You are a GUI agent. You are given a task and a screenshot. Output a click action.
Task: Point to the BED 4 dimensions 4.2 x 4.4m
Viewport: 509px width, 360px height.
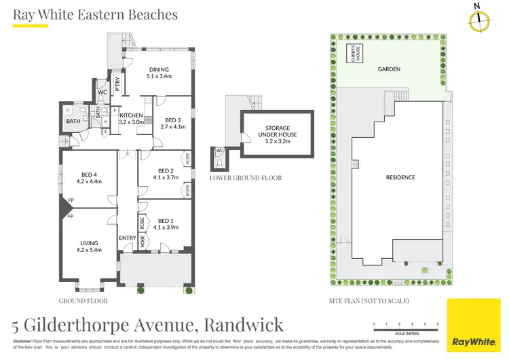88,181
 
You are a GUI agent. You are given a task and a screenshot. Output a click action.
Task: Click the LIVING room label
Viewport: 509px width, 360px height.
88,242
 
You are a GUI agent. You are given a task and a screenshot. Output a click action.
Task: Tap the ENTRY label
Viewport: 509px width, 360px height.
127,238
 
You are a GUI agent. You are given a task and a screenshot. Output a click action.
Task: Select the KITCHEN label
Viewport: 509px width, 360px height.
131,115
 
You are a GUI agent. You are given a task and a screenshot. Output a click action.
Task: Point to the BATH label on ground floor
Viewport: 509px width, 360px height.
73,122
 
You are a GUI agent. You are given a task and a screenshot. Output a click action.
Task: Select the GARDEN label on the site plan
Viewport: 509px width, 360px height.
389,69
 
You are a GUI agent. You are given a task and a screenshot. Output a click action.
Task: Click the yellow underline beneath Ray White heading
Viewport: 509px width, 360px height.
31,26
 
